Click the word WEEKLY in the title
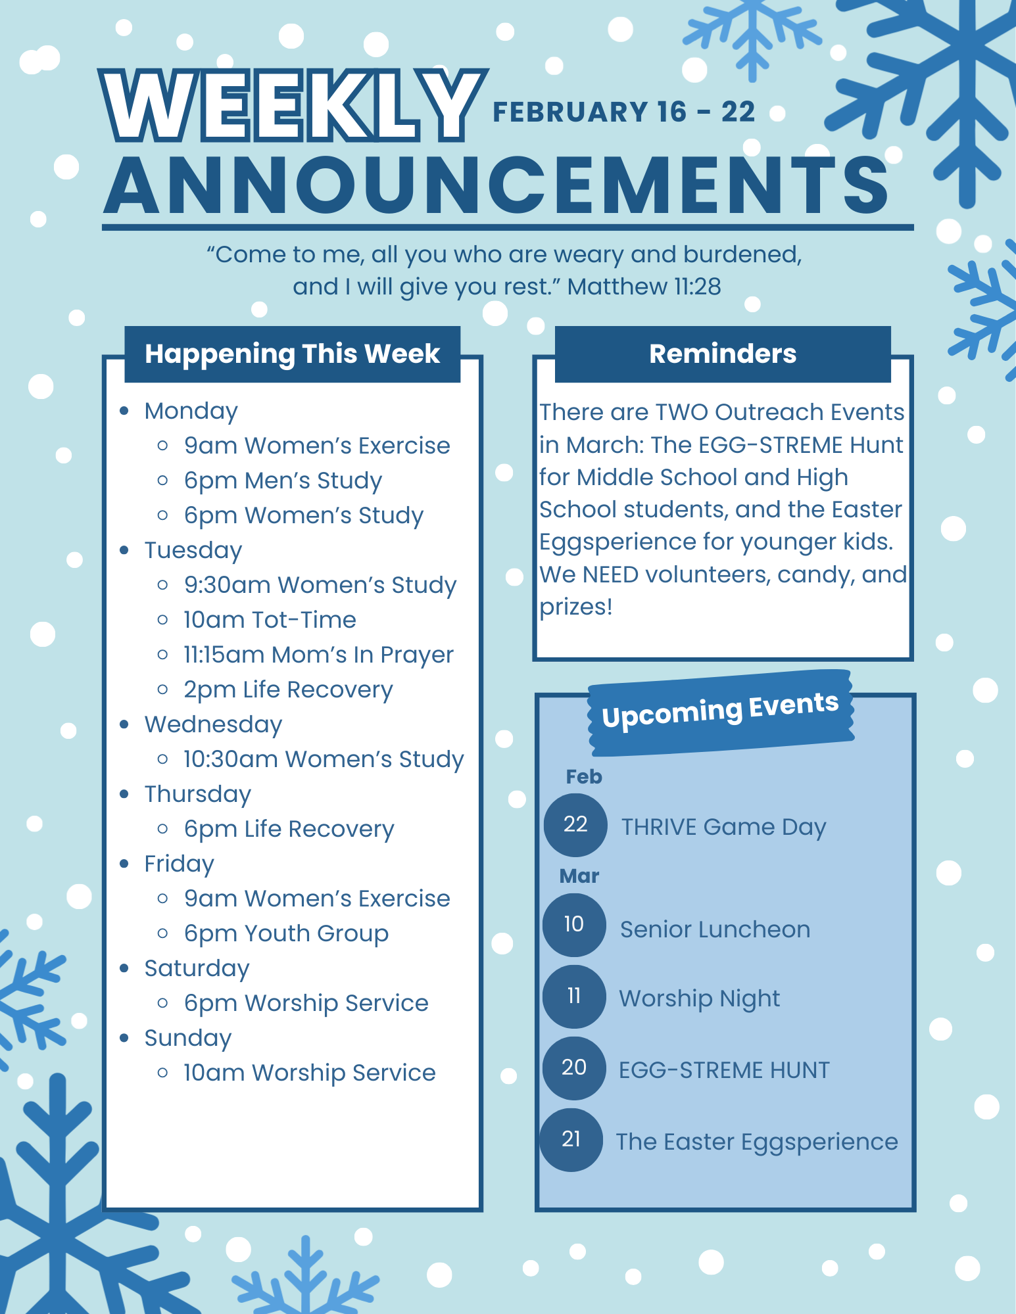tap(293, 106)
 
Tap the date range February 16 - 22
tap(623, 112)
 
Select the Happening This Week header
tap(293, 354)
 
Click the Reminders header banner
tap(723, 354)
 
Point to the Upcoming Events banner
tap(721, 712)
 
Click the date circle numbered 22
tap(575, 825)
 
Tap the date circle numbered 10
tap(574, 925)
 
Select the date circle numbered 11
tap(574, 997)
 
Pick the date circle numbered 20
tap(574, 1068)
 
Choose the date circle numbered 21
tap(571, 1140)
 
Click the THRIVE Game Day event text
tap(723, 827)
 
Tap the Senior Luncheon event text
tap(715, 929)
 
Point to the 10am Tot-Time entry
tap(270, 620)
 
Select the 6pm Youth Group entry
tap(286, 934)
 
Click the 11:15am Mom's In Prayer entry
tap(318, 655)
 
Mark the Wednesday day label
tap(213, 724)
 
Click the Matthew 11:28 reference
tap(644, 287)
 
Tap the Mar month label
tap(579, 876)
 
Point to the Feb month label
tap(584, 777)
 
